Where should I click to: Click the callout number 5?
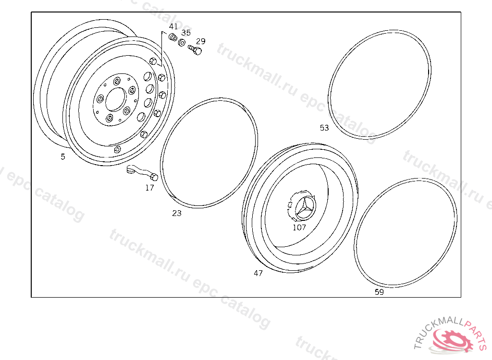click(63, 156)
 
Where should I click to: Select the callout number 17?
click(150, 188)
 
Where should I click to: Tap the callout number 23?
click(177, 213)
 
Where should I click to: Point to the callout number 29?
click(201, 41)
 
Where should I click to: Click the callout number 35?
click(186, 33)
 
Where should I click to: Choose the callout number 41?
click(173, 26)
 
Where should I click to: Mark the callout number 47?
click(258, 273)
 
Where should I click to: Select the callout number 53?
click(324, 128)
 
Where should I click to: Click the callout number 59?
click(380, 292)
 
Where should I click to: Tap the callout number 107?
click(299, 228)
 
